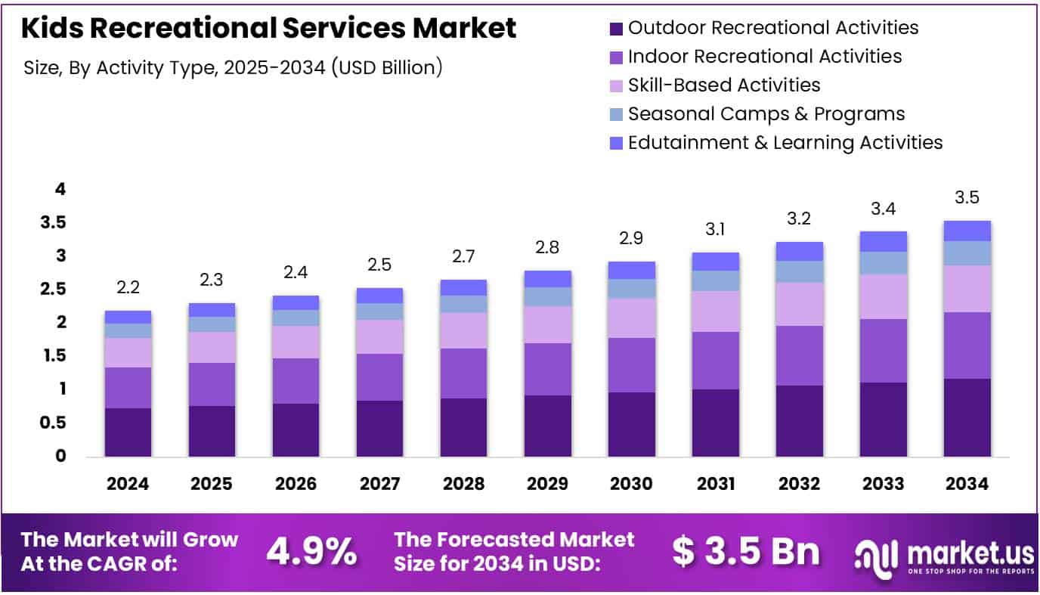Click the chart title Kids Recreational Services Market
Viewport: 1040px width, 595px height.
click(x=269, y=28)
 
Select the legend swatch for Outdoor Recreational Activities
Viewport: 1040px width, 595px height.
click(x=616, y=29)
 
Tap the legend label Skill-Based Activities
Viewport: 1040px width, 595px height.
click(x=724, y=85)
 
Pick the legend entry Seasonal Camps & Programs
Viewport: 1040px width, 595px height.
click(x=766, y=113)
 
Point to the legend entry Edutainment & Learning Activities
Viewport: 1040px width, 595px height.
click(x=785, y=142)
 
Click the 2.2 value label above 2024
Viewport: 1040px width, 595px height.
click(x=128, y=287)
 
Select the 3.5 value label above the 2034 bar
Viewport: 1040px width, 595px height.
click(x=967, y=197)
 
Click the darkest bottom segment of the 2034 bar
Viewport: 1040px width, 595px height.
click(x=967, y=417)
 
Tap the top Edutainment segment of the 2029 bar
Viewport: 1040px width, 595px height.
click(x=548, y=278)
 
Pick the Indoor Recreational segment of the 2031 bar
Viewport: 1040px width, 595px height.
click(x=716, y=360)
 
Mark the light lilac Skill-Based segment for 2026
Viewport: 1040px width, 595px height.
click(x=296, y=342)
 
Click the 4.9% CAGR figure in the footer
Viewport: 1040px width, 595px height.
click(x=311, y=552)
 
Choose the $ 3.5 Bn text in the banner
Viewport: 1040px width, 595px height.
click(x=745, y=552)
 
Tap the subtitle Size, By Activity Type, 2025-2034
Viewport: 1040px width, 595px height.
click(x=233, y=67)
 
